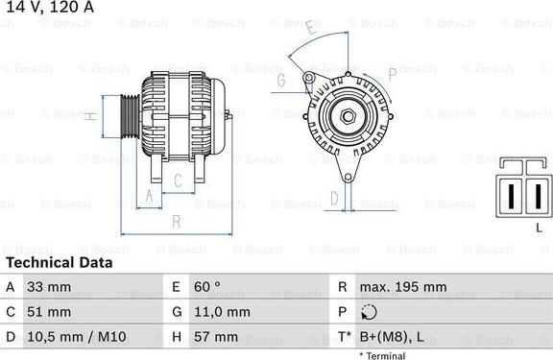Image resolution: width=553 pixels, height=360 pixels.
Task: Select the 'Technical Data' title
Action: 59,262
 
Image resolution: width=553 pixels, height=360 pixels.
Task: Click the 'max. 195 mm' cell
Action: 402,287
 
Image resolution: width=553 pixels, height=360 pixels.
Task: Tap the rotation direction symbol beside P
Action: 370,312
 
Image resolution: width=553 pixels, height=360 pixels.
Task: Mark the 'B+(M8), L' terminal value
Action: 392,337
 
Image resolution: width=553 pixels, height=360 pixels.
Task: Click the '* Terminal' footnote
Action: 382,355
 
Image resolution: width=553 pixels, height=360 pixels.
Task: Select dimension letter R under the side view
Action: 176,221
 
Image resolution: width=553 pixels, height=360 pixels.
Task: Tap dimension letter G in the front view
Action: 281,82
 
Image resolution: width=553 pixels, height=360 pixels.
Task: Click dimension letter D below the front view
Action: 334,198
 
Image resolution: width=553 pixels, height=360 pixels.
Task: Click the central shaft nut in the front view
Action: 346,118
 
